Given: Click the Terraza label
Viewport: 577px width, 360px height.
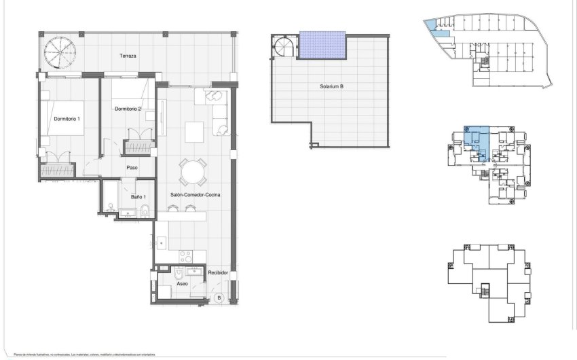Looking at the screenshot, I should point(128,56).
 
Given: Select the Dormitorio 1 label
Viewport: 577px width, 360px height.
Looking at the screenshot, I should point(67,120).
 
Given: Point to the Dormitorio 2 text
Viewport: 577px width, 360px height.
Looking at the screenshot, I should point(128,109).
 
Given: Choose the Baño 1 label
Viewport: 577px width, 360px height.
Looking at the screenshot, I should point(138,197).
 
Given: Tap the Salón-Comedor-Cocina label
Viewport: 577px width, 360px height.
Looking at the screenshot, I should point(195,195).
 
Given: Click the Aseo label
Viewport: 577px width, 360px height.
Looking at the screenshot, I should point(182,285).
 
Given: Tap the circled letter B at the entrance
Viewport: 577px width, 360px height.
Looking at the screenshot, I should point(219,298).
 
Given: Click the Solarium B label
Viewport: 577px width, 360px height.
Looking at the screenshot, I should point(331,86).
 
